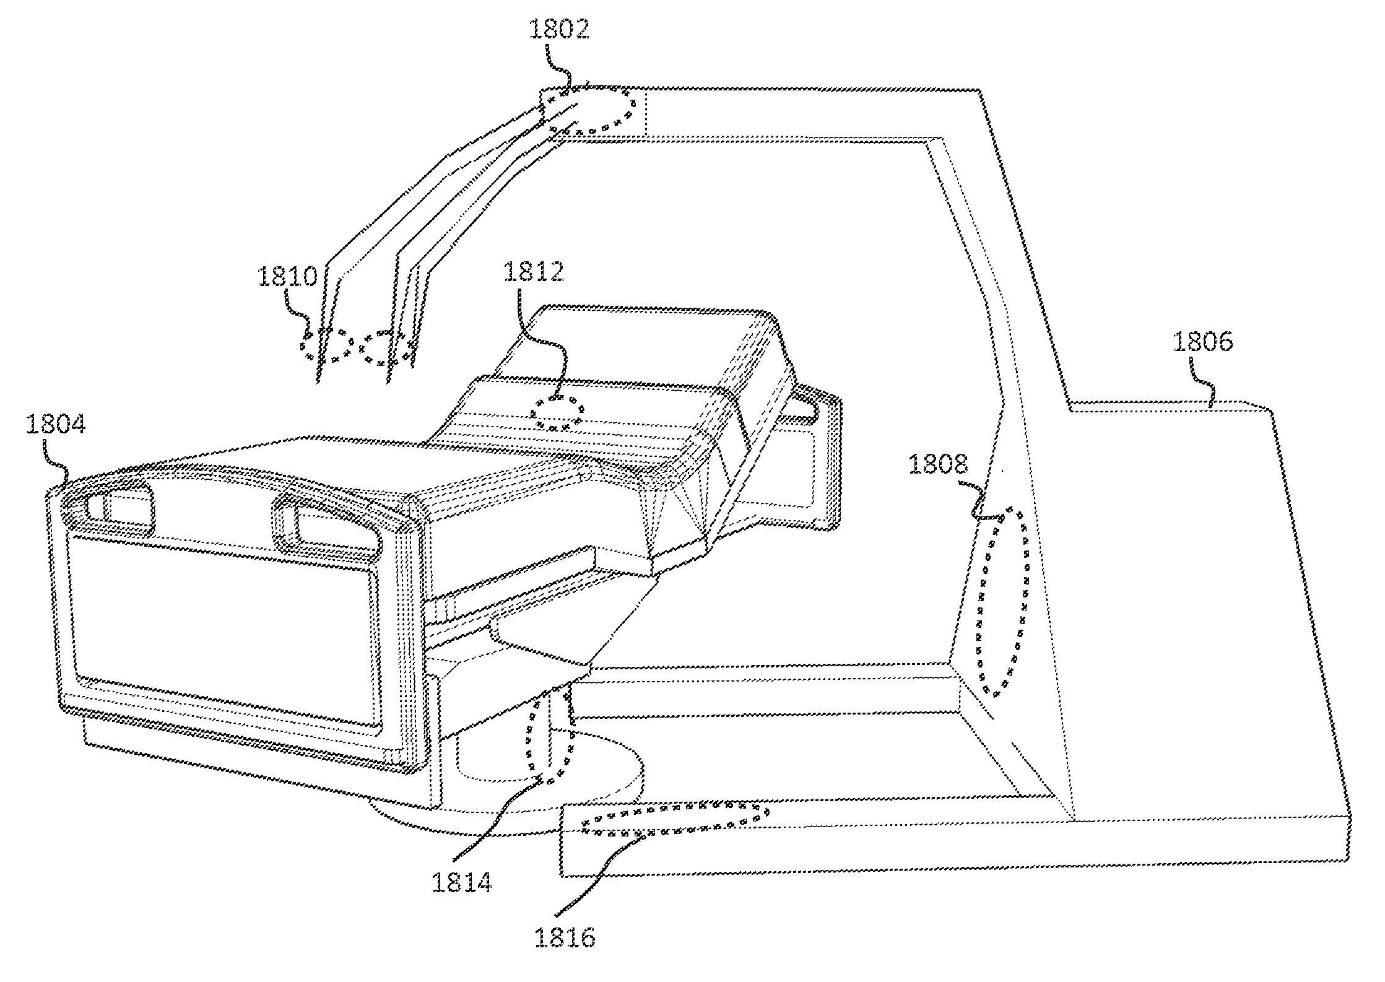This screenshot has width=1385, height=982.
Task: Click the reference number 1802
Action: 558,30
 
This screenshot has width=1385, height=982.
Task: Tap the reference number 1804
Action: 56,425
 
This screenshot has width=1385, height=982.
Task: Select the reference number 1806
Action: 1203,342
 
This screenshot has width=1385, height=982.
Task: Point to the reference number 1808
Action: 938,464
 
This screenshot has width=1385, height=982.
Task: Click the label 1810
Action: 287,276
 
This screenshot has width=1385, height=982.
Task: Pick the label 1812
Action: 534,271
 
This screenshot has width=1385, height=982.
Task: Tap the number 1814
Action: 462,882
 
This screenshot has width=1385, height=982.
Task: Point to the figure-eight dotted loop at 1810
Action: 358,348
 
